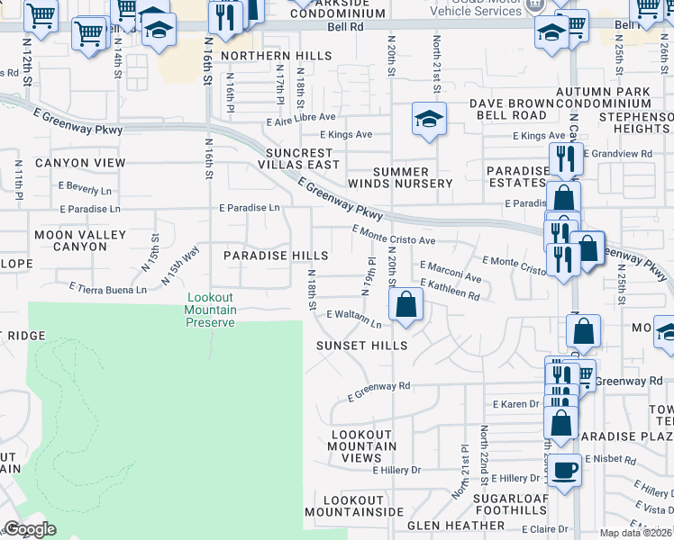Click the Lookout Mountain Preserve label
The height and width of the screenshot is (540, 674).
(211, 310)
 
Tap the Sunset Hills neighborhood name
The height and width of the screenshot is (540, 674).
(361, 346)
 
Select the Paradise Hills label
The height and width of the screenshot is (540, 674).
(263, 256)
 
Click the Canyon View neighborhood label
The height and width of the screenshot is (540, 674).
(80, 163)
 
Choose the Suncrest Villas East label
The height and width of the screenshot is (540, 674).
(300, 158)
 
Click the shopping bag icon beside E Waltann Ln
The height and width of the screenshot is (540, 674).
(406, 304)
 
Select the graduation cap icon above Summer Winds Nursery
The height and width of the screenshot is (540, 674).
(429, 118)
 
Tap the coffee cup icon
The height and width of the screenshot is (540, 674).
(565, 470)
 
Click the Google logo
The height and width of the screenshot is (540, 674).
(30, 529)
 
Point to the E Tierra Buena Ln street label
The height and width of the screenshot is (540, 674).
(108, 290)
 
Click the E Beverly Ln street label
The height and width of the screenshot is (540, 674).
(87, 191)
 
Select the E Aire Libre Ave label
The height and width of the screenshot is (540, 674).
(301, 117)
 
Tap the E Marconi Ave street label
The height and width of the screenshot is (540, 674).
(451, 271)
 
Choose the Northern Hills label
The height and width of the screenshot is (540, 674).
(265, 56)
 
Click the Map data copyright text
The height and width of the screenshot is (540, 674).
(636, 533)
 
